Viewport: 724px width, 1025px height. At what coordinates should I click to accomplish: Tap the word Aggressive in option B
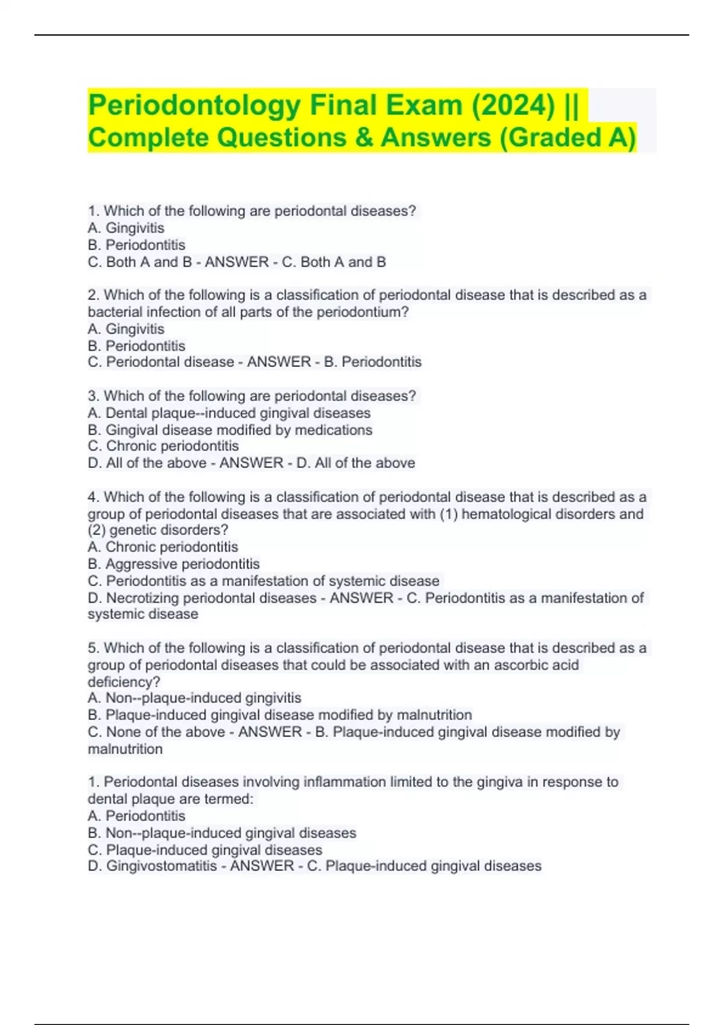pyautogui.click(x=142, y=564)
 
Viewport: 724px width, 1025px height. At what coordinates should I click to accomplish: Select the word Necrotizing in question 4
pyautogui.click(x=143, y=598)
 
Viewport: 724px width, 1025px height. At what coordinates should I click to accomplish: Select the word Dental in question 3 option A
pyautogui.click(x=126, y=413)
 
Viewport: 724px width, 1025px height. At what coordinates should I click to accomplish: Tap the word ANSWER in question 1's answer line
pyautogui.click(x=237, y=262)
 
